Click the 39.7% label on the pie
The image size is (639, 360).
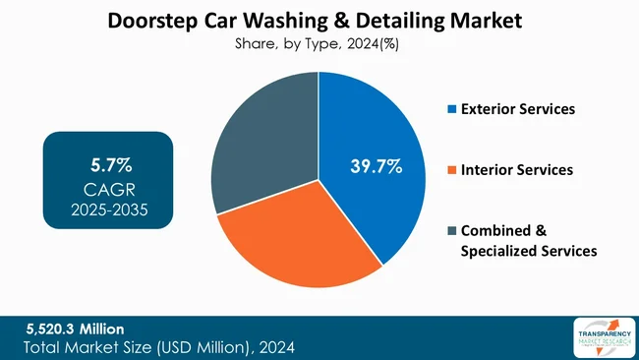point(376,166)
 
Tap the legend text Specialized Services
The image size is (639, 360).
point(529,252)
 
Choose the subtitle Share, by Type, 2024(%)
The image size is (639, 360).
point(319,44)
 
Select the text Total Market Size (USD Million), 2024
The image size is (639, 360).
point(158,346)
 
